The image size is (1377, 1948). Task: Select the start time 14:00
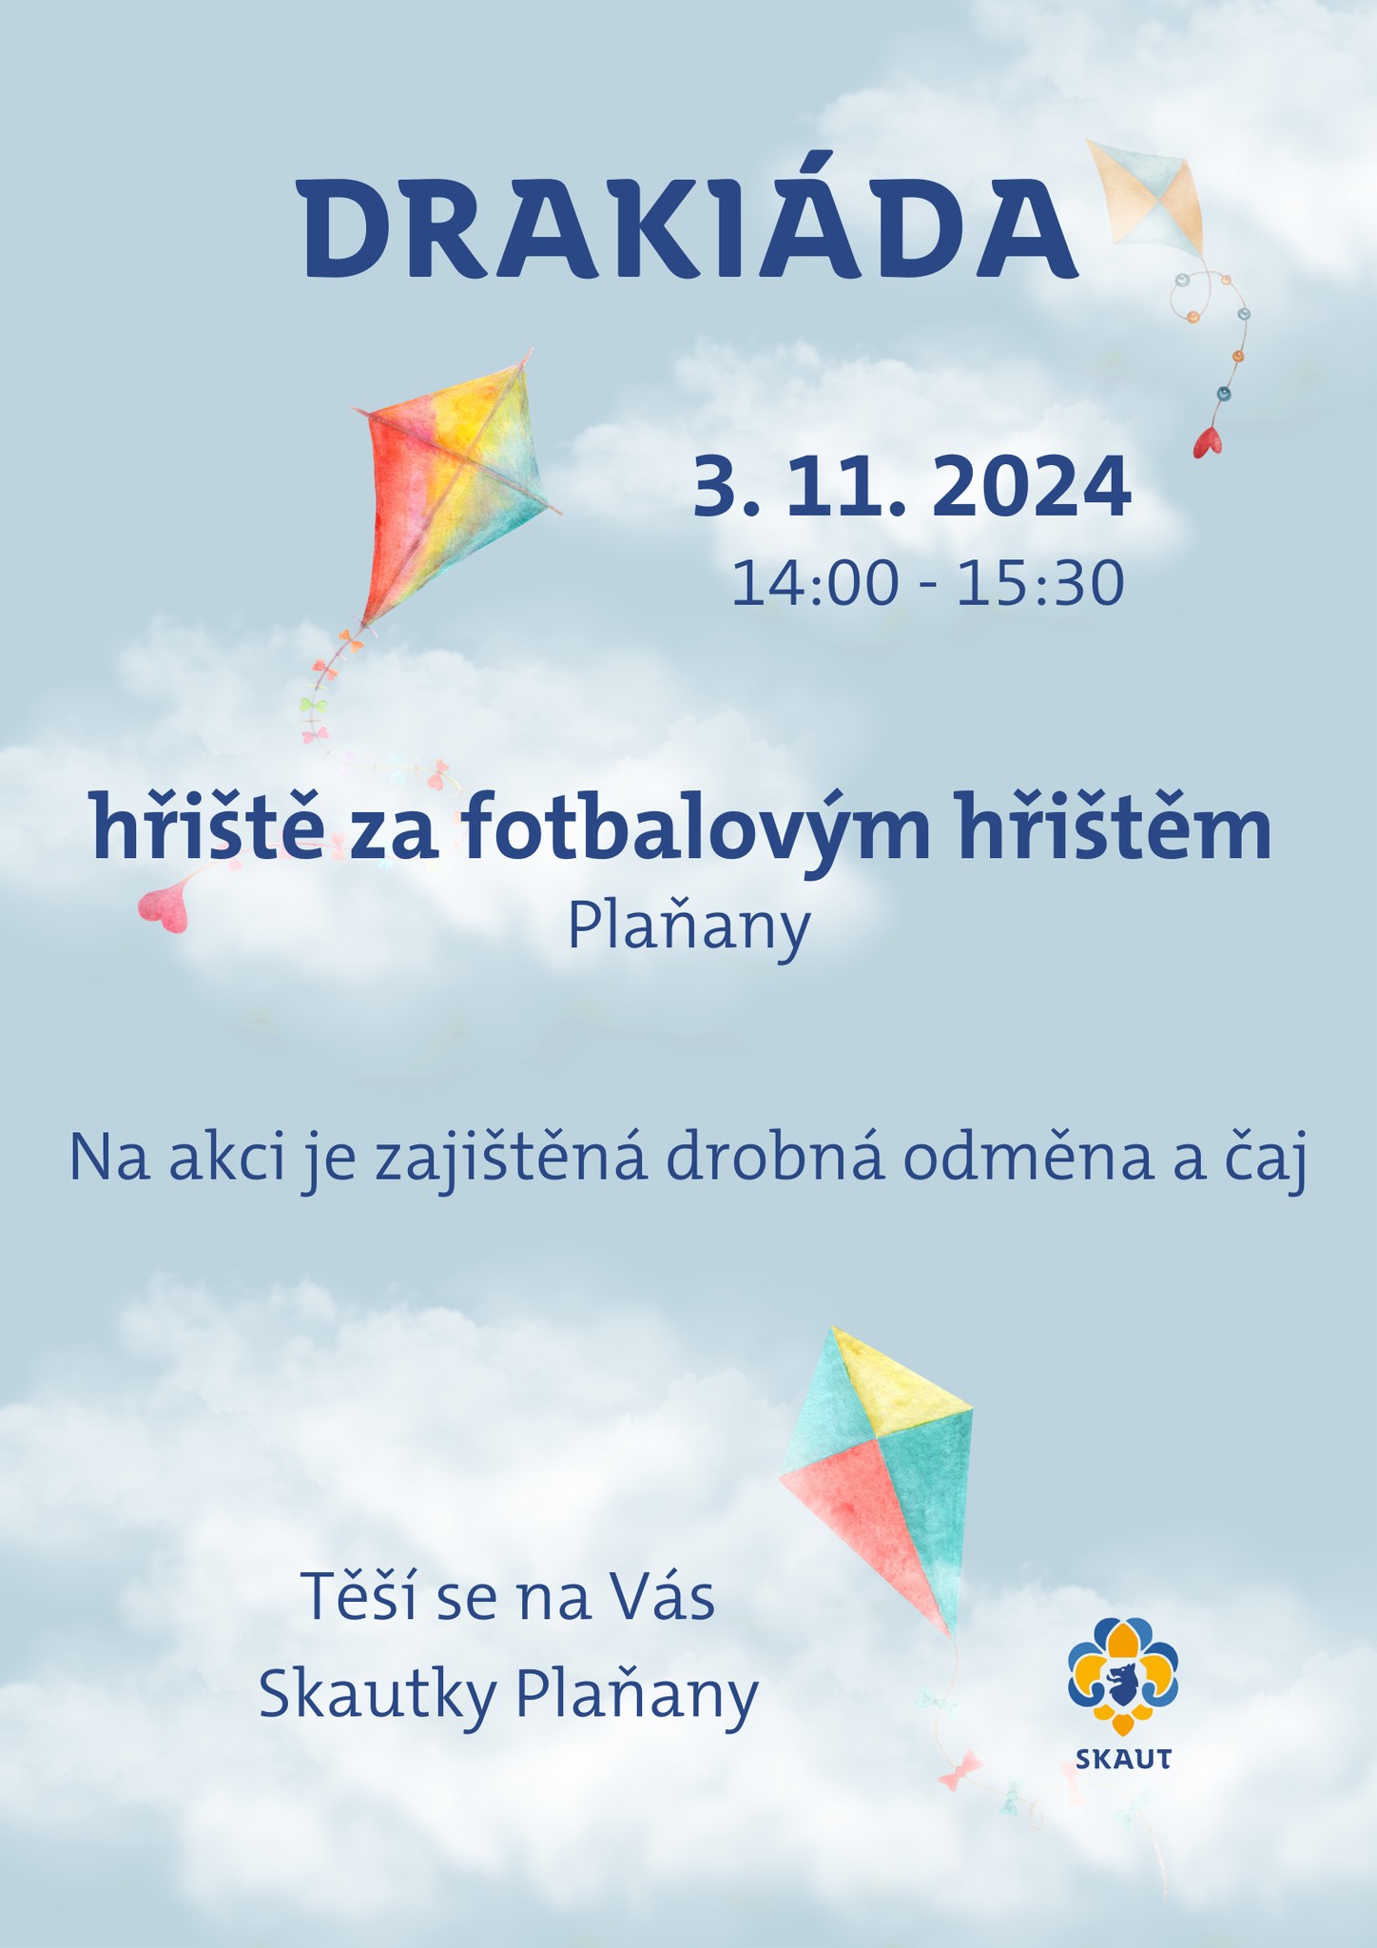point(815,583)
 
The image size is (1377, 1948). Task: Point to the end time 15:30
point(1040,583)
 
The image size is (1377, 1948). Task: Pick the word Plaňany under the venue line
point(688,925)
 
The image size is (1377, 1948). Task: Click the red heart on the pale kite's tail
point(1208,442)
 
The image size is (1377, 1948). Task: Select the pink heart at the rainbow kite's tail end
point(165,908)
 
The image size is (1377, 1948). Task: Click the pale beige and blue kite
point(1146,198)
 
